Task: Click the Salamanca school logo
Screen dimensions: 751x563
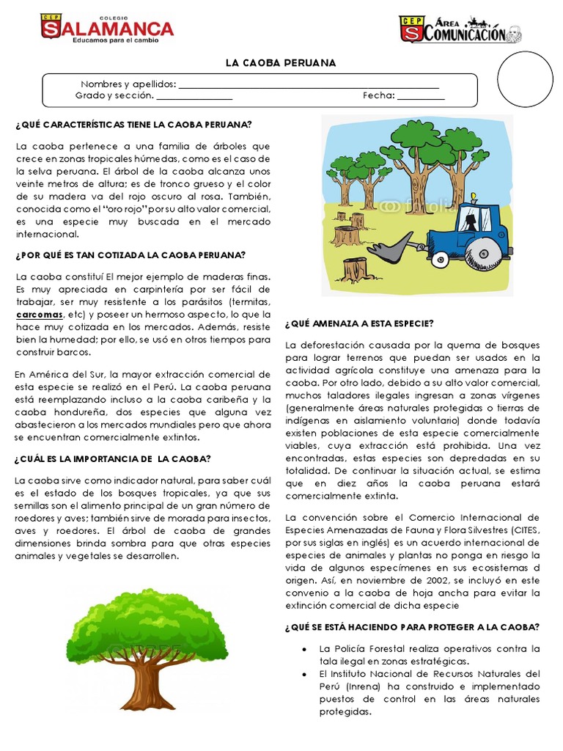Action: (x=107, y=29)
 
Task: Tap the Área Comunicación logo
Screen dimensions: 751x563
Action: (x=460, y=29)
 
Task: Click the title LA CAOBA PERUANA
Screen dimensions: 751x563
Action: (x=281, y=63)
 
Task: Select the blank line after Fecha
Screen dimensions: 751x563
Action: (x=421, y=95)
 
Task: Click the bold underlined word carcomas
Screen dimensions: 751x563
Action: (x=40, y=314)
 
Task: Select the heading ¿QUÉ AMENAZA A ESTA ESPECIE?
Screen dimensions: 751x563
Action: (x=359, y=323)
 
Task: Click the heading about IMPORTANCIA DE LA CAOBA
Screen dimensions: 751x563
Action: (x=113, y=459)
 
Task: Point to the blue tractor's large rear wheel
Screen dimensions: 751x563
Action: (x=488, y=253)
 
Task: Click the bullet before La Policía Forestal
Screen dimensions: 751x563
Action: (x=303, y=649)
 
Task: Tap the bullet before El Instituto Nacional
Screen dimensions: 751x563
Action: (x=303, y=673)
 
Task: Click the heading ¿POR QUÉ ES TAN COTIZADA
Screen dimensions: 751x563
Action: (x=130, y=255)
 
